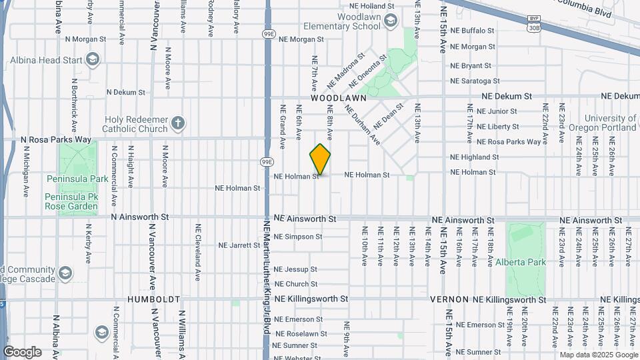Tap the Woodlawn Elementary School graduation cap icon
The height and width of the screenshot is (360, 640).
pos(389,23)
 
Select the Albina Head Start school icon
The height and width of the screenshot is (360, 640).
pos(92,60)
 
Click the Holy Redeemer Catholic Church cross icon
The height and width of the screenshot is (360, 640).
pos(177,123)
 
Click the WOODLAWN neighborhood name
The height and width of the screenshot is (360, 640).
pos(339,97)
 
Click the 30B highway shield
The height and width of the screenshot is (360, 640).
pos(533,27)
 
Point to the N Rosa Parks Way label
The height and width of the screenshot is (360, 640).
pos(55,139)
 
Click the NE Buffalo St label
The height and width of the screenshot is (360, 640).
pos(472,31)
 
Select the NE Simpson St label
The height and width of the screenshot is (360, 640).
pos(298,237)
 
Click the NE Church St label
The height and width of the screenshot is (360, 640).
pos(295,284)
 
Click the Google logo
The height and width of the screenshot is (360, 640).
pos(22,352)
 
